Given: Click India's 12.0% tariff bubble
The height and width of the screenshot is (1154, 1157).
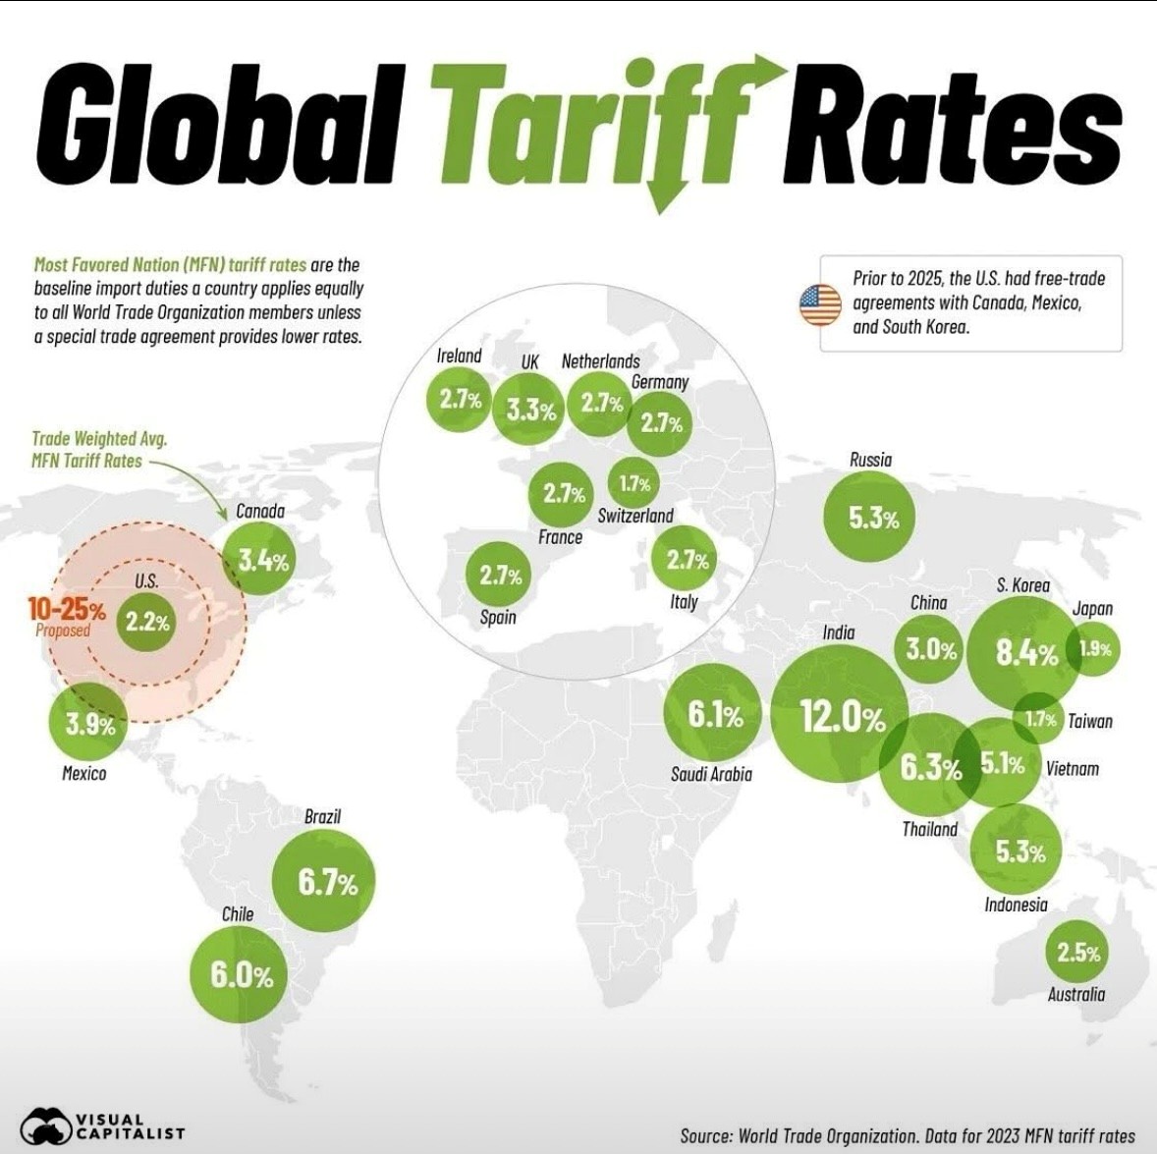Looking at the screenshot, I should click(840, 717).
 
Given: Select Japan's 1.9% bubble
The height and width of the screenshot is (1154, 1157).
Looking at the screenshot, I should click(1093, 649).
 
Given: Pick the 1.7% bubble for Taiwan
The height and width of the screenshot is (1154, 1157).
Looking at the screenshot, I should click(1039, 720).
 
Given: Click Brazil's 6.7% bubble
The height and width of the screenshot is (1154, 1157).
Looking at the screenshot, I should click(325, 880).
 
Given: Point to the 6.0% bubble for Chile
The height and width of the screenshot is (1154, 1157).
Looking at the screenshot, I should click(240, 975).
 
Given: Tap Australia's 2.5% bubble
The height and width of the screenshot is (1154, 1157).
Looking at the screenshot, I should click(1077, 952).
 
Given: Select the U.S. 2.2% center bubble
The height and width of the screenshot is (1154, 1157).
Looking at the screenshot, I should click(147, 621).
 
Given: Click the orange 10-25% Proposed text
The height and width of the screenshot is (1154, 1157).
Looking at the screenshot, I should click(66, 616).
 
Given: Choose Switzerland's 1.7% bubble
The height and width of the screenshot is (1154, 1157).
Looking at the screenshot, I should click(634, 483).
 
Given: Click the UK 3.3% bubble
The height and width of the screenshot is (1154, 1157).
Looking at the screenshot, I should click(530, 409).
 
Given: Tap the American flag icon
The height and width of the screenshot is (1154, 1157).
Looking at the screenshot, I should click(820, 305).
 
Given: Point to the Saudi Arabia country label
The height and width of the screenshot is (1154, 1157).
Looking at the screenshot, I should click(711, 774).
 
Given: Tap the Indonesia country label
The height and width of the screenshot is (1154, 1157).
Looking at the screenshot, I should click(1016, 905).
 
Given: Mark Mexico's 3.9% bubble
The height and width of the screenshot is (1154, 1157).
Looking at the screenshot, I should click(88, 725).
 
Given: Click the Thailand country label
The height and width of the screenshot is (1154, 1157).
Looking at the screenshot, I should click(929, 829).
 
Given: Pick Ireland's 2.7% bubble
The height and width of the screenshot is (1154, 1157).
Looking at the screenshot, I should click(459, 400).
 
